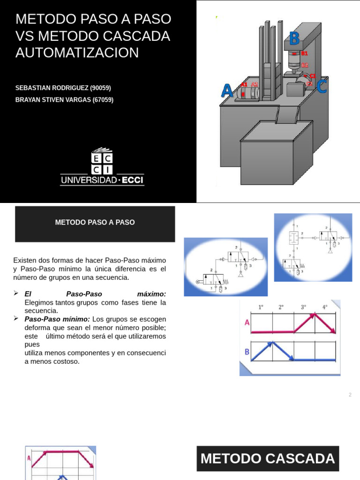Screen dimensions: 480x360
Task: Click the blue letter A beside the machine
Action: coord(227,90)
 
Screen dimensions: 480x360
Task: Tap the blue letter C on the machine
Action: coord(322,87)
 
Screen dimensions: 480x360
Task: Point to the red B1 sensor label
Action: coord(304,54)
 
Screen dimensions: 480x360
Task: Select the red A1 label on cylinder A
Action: coord(244,84)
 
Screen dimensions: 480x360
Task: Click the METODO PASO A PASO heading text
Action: coord(95,222)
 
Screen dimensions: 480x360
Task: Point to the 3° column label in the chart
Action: coord(303,307)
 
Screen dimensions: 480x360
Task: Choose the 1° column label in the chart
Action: coord(261,307)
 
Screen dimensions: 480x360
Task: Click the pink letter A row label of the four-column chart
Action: coord(247,322)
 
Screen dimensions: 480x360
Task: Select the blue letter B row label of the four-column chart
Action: coord(247,352)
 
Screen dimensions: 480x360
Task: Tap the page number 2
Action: coord(350,395)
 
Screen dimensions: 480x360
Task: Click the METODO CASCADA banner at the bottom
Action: coord(268,458)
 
